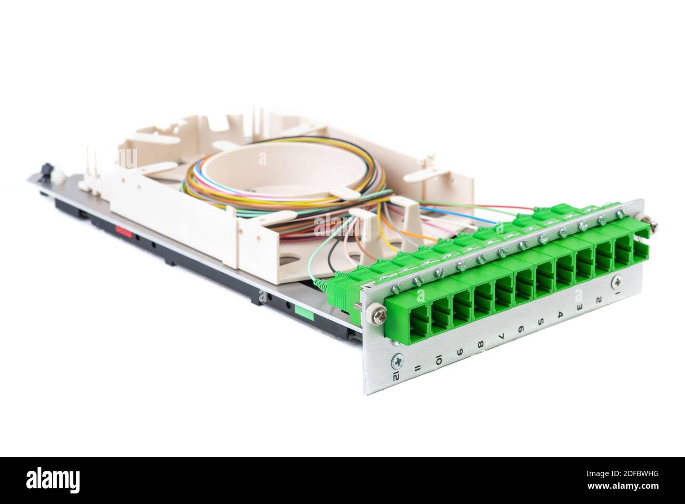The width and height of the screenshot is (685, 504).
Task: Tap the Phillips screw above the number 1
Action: [617, 283]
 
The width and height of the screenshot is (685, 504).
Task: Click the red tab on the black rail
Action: [123, 230]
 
